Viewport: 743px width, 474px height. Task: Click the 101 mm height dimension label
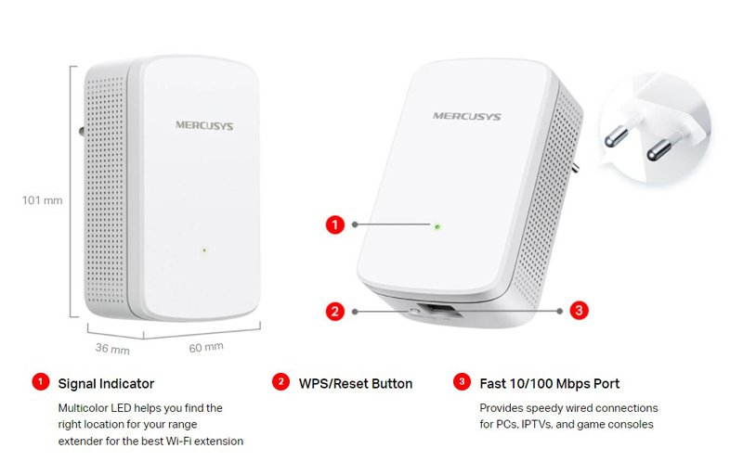[42, 200]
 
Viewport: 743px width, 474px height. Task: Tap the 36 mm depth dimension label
[112, 349]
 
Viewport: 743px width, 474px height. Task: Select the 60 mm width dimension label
[206, 348]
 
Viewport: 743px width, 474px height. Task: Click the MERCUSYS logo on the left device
[204, 126]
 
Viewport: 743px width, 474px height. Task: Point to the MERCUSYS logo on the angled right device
[467, 116]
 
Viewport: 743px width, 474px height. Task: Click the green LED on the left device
[204, 250]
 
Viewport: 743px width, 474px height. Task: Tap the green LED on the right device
[437, 227]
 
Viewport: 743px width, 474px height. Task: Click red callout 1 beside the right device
[335, 224]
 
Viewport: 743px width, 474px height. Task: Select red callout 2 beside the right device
[335, 312]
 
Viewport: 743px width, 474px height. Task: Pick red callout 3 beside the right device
[579, 311]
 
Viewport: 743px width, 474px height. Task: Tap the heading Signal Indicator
[106, 384]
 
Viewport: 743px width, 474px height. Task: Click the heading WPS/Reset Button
[356, 384]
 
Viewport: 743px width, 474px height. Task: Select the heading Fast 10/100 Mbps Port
[549, 384]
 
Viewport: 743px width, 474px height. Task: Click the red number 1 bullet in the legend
[41, 382]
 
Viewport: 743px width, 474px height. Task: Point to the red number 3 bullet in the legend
[462, 382]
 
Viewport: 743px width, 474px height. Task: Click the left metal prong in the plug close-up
[617, 136]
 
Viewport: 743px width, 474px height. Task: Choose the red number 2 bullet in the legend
[280, 382]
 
